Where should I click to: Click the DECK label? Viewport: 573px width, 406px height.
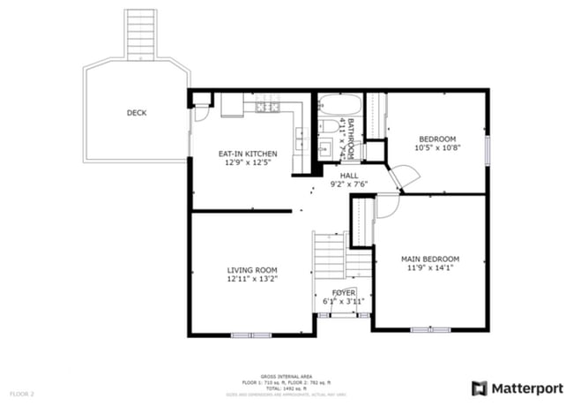(x=137, y=113)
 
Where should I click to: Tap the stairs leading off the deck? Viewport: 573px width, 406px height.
(x=140, y=34)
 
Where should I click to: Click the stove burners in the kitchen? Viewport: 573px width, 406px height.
(x=267, y=108)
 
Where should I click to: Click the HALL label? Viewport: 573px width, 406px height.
(x=348, y=176)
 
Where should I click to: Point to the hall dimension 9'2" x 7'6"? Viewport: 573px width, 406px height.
(x=348, y=184)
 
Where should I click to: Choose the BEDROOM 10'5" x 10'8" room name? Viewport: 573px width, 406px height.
(x=437, y=139)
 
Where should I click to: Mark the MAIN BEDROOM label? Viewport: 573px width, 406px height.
(x=430, y=259)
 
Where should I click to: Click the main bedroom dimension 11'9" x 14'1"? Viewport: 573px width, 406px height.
(x=430, y=267)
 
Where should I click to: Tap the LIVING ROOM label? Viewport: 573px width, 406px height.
(x=252, y=270)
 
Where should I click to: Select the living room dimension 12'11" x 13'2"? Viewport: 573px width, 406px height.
(x=252, y=279)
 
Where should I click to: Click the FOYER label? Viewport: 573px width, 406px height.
(x=344, y=292)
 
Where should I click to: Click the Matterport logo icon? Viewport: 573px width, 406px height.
(x=480, y=388)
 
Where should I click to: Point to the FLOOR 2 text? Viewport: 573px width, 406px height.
(x=22, y=393)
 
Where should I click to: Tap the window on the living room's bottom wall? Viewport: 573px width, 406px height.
(x=252, y=335)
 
